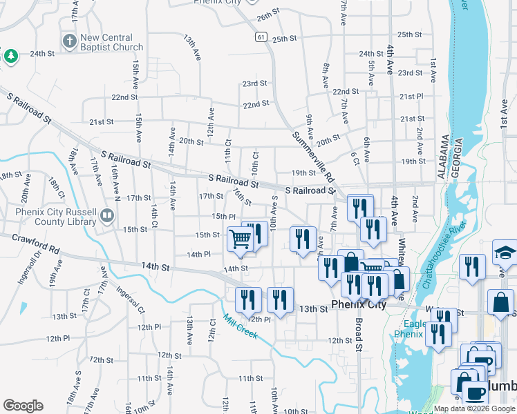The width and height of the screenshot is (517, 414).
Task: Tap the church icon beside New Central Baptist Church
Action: [x=69, y=42]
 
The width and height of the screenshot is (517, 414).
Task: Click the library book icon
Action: [x=106, y=216]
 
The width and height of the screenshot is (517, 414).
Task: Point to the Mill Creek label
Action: [x=240, y=327]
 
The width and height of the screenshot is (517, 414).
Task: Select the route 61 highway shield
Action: [x=260, y=37]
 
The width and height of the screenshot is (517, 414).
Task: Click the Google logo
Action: [x=23, y=405]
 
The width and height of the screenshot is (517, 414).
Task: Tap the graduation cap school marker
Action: [x=505, y=253]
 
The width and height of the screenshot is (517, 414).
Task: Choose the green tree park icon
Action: [x=10, y=56]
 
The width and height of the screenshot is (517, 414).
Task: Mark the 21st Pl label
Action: [x=411, y=97]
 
